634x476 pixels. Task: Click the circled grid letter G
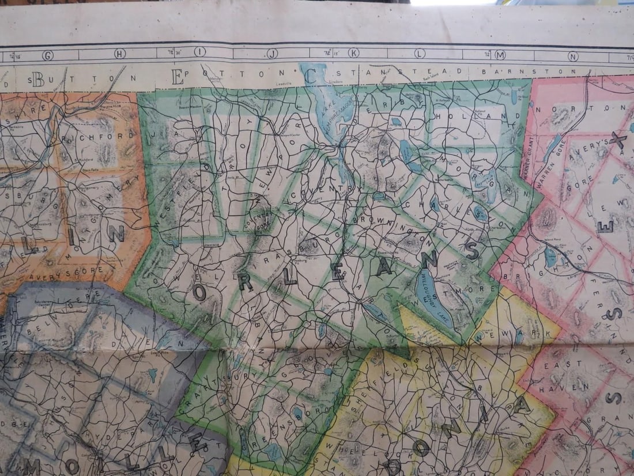47,55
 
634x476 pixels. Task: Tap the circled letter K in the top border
353,53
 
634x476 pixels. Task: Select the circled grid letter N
573,56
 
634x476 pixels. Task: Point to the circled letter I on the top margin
200,53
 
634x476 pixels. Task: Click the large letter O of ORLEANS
199,294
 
